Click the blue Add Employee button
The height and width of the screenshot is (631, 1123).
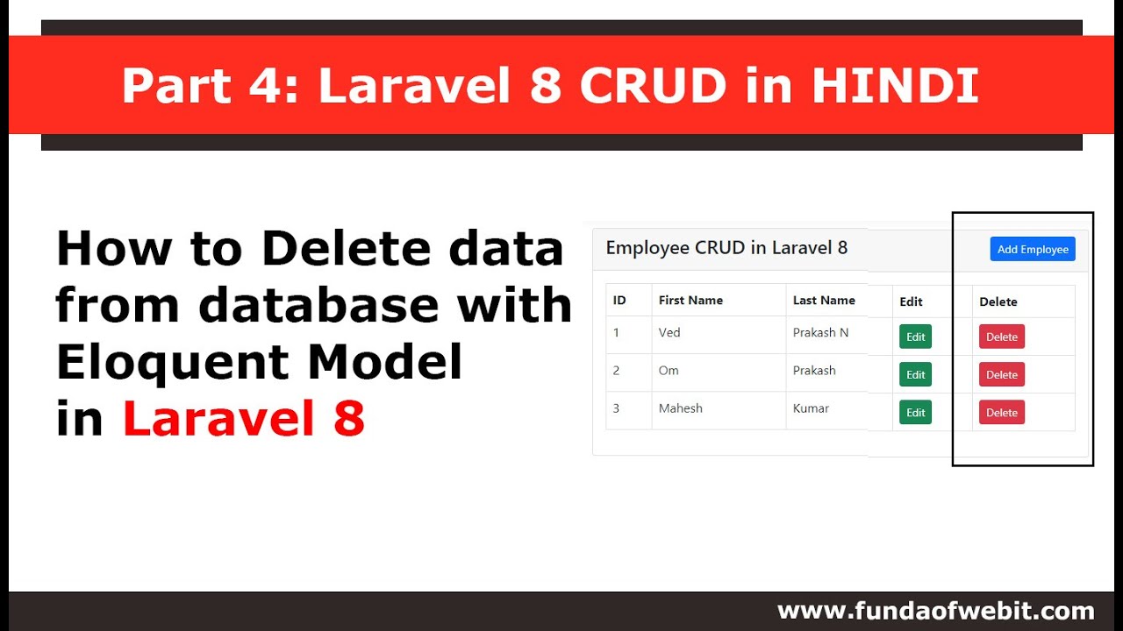click(1033, 249)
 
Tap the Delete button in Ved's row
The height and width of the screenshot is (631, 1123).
click(1001, 337)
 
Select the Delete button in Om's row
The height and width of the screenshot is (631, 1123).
click(1001, 374)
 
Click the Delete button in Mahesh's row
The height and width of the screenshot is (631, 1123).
click(1001, 412)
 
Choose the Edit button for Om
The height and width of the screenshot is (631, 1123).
click(915, 374)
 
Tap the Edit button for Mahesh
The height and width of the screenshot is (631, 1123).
click(915, 412)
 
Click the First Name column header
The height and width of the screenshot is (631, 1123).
click(690, 300)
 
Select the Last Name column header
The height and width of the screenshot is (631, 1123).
click(824, 300)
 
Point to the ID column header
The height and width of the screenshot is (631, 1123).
click(619, 300)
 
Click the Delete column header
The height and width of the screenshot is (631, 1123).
click(998, 301)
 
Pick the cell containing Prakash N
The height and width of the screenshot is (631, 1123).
click(820, 332)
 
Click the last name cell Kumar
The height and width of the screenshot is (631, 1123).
click(811, 408)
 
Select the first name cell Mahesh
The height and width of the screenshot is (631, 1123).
click(680, 408)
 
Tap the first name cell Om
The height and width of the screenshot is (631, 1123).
click(669, 370)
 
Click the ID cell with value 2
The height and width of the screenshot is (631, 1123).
click(616, 370)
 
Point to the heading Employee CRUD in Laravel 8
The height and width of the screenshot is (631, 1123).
click(726, 248)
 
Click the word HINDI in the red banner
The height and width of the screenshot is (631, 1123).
click(895, 86)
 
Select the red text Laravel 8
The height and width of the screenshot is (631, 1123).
click(243, 418)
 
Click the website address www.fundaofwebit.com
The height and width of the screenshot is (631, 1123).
click(935, 611)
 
